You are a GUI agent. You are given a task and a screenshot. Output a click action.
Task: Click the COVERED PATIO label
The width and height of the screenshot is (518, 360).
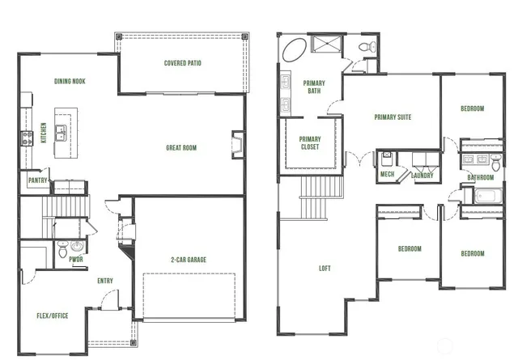182,62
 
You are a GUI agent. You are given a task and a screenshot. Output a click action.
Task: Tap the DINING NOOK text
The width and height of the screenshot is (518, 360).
70,82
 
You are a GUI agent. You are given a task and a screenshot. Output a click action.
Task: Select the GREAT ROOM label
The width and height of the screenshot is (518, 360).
181,148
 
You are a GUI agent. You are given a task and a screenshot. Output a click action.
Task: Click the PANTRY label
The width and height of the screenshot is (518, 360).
37,180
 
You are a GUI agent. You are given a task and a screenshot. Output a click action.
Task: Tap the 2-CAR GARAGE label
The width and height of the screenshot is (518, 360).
188,260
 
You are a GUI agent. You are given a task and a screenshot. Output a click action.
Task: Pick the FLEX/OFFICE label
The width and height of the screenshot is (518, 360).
53,315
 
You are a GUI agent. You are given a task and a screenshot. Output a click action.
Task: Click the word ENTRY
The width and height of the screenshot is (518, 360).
105,282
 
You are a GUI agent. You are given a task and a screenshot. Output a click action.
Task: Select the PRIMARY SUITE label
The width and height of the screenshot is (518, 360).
393,117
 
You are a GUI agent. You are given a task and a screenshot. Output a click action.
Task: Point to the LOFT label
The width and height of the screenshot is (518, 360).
325,268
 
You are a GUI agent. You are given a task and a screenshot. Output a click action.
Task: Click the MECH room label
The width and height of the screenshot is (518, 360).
387,176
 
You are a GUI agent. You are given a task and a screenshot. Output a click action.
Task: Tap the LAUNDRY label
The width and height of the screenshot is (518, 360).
422,176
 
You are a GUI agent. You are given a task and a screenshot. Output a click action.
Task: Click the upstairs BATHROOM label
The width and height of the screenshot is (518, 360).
480,177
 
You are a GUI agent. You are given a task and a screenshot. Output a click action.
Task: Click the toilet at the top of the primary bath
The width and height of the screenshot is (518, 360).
369,47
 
